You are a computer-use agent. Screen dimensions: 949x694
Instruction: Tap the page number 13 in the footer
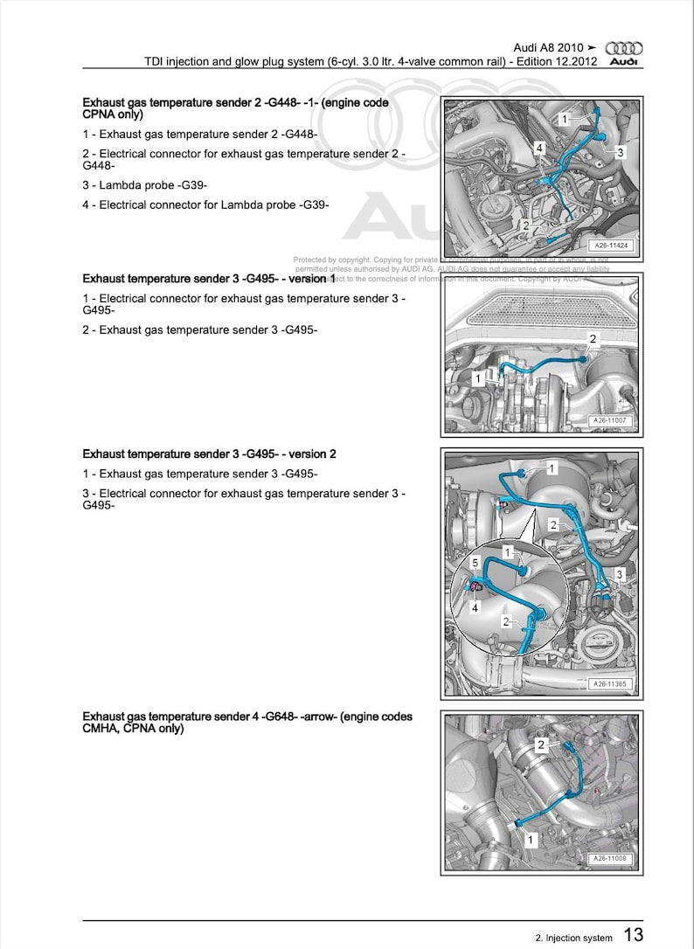click(x=634, y=935)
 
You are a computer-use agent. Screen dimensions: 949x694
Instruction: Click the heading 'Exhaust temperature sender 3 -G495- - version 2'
click(x=209, y=454)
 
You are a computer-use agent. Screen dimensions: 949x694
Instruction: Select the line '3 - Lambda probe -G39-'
click(x=144, y=185)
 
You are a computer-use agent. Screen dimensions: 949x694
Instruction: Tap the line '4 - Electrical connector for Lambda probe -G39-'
click(x=205, y=205)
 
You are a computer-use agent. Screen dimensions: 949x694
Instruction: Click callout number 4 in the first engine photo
click(x=540, y=149)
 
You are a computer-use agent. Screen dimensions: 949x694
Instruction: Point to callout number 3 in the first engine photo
click(x=620, y=153)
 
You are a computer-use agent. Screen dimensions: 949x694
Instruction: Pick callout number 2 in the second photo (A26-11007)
click(x=593, y=339)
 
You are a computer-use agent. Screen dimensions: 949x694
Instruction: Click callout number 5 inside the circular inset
click(x=475, y=563)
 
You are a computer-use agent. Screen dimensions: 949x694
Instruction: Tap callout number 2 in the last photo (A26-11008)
click(x=541, y=745)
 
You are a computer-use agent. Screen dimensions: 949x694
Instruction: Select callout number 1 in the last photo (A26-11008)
click(x=529, y=838)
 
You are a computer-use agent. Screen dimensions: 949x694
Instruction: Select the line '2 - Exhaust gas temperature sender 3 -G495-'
click(x=200, y=329)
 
